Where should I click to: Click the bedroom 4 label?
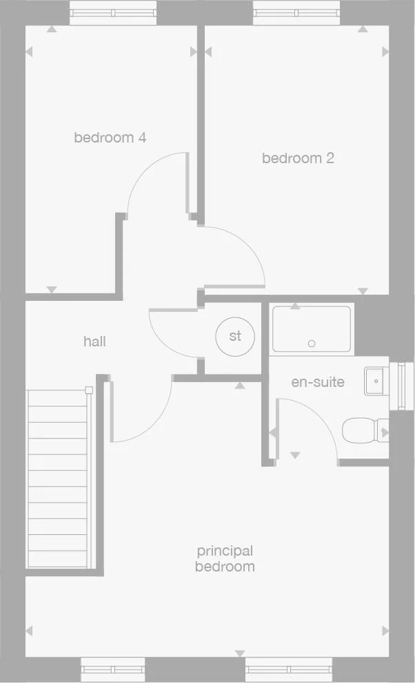click(x=110, y=138)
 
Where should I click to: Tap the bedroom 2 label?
click(x=298, y=158)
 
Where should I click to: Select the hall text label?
click(x=94, y=341)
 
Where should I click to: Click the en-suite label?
click(x=318, y=382)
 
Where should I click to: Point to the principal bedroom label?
click(x=225, y=558)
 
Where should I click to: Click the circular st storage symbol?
click(x=235, y=337)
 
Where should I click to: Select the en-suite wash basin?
click(x=375, y=380)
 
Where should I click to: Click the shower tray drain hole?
click(x=312, y=343)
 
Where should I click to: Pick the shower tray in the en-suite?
click(x=311, y=328)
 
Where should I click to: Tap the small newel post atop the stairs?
click(x=89, y=390)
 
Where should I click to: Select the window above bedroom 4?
click(x=114, y=12)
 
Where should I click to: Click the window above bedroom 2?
click(x=297, y=12)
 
